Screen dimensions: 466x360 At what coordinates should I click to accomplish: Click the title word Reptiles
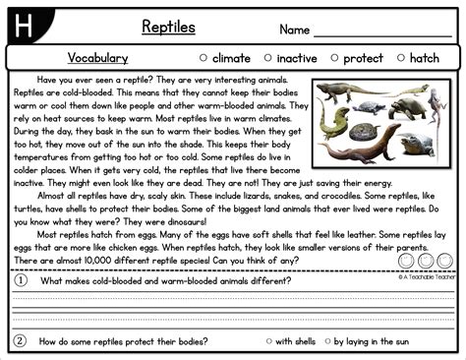click(x=168, y=26)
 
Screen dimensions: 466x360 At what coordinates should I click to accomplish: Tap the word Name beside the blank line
click(x=295, y=30)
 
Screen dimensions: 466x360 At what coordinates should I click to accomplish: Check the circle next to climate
click(x=204, y=58)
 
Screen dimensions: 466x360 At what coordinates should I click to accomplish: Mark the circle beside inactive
click(x=267, y=58)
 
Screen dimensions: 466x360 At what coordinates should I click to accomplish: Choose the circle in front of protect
click(x=335, y=58)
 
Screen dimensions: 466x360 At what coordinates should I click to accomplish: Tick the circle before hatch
click(x=398, y=58)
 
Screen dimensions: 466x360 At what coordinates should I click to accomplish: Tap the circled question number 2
click(x=20, y=341)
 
